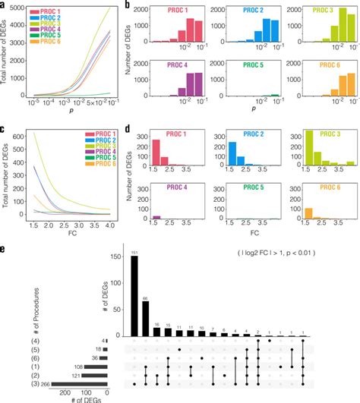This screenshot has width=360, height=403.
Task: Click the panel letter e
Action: pyautogui.click(x=7, y=247)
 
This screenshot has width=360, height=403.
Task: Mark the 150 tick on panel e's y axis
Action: pyautogui.click(x=118, y=257)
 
